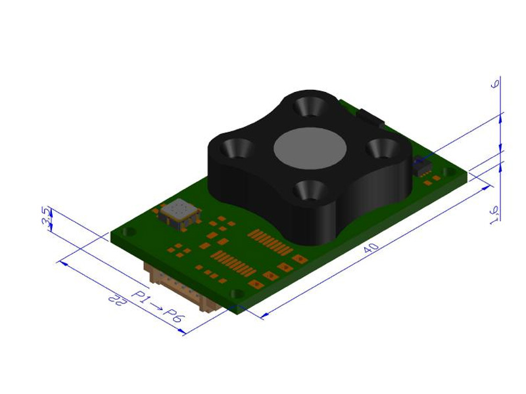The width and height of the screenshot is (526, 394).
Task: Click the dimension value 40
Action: click(x=371, y=248)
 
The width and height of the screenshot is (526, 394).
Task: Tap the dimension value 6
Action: click(x=496, y=83)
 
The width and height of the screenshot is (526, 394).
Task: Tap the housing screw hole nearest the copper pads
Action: click(x=308, y=189)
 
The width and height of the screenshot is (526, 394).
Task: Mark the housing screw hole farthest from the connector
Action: click(x=309, y=105)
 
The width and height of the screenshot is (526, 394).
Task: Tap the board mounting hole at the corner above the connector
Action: click(x=237, y=294)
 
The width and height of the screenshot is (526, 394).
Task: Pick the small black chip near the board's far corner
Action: click(x=421, y=165)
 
